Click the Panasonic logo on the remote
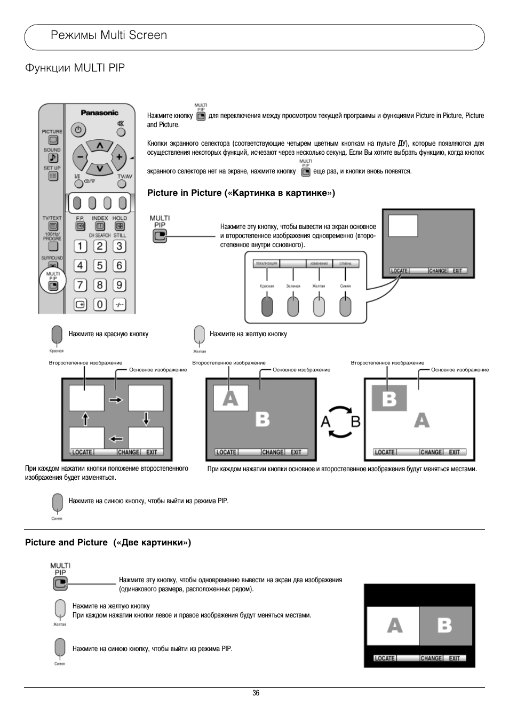(x=99, y=113)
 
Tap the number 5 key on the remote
(x=100, y=266)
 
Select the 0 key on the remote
(x=100, y=304)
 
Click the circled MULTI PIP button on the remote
(x=53, y=286)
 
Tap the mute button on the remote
(x=121, y=124)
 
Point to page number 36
(x=256, y=693)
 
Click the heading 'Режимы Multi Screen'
(x=109, y=35)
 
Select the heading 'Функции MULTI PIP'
(x=75, y=68)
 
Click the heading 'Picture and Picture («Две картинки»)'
(x=108, y=543)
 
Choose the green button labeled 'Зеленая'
(x=293, y=306)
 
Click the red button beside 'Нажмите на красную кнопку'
(x=57, y=335)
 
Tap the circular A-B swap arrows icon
(x=340, y=422)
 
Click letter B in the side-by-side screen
(x=445, y=625)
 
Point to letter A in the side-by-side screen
(x=394, y=625)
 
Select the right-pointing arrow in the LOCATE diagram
(x=116, y=399)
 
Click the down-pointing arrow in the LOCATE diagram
(x=146, y=419)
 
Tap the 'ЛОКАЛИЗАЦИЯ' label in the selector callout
(x=266, y=264)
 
